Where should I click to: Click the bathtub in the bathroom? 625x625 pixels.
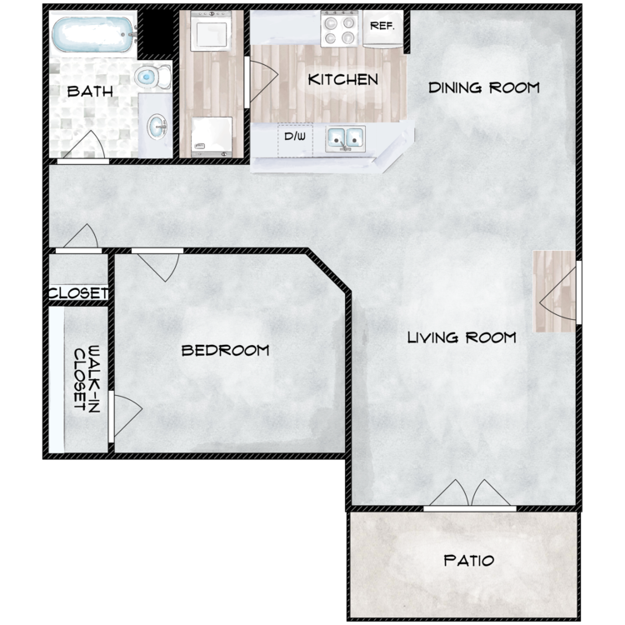click(93, 35)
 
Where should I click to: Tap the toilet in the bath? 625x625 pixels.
click(152, 77)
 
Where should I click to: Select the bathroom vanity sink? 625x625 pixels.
click(157, 127)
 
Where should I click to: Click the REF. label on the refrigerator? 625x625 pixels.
click(382, 27)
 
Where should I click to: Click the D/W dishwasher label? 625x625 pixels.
click(295, 137)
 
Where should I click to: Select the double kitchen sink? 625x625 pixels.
click(345, 139)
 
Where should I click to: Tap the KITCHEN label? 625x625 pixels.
click(342, 80)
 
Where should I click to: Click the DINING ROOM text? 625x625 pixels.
click(484, 87)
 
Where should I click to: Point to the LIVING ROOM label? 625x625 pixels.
click(462, 337)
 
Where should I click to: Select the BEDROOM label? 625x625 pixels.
click(225, 350)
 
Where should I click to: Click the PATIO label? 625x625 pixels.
click(468, 561)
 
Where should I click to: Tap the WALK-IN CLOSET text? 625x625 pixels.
click(87, 378)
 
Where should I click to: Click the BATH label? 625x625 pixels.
click(90, 92)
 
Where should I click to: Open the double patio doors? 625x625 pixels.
click(470, 496)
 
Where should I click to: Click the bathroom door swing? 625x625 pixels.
click(83, 147)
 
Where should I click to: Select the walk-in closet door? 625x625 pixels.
click(126, 416)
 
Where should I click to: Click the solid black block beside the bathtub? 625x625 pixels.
click(157, 32)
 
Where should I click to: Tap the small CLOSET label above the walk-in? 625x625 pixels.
click(78, 293)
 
